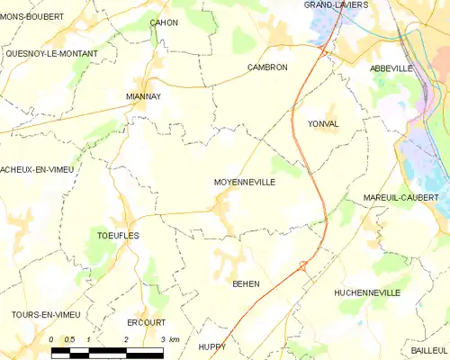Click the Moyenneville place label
click(244, 182)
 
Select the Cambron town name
click(266, 67)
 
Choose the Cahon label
click(164, 22)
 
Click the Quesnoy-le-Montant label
click(51, 54)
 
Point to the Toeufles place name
click(117, 235)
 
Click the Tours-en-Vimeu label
click(46, 313)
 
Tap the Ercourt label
click(147, 322)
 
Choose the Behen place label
click(246, 283)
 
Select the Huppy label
click(212, 346)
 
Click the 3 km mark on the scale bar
click(162, 339)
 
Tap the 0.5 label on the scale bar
click(69, 339)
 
